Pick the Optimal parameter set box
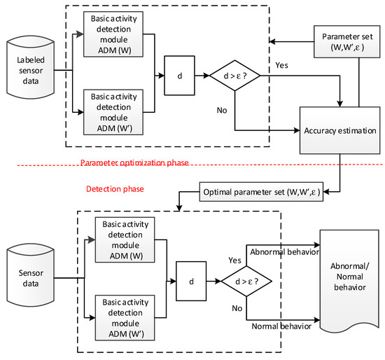click(x=262, y=191)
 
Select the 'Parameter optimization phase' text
click(x=134, y=162)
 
